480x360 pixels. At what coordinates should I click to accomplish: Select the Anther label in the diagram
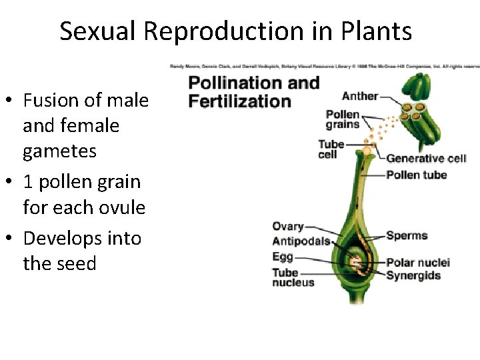click(360, 96)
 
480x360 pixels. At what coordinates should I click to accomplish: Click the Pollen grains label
click(342, 119)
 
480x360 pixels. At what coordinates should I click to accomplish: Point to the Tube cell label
click(331, 149)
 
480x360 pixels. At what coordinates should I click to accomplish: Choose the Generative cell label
click(426, 159)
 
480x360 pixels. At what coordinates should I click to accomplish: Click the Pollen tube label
click(417, 175)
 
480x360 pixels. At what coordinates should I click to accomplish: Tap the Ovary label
click(288, 227)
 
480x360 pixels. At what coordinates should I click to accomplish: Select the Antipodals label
click(301, 241)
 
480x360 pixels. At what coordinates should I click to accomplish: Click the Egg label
click(282, 257)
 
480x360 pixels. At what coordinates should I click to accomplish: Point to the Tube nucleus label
click(293, 277)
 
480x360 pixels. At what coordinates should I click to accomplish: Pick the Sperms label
click(407, 235)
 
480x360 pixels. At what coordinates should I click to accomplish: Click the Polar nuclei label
click(418, 263)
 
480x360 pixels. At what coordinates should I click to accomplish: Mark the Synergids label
click(413, 275)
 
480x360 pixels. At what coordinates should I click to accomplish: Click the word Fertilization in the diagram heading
click(239, 102)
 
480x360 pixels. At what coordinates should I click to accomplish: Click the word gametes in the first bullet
click(59, 151)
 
